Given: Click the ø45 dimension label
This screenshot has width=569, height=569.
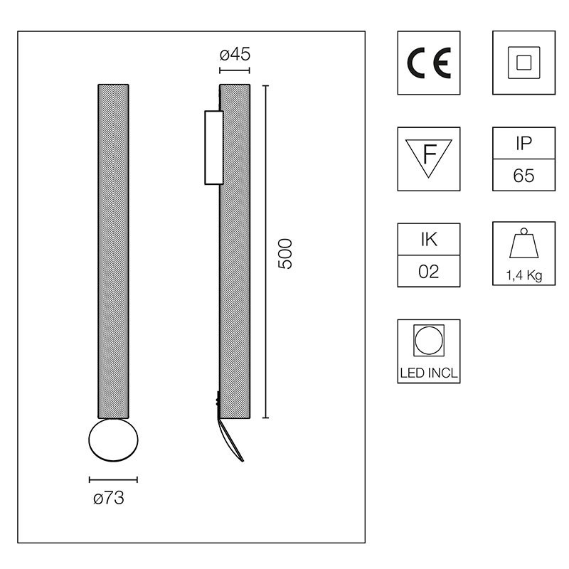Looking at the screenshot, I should click(x=235, y=55).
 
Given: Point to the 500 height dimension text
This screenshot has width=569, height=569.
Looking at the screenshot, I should click(x=284, y=252).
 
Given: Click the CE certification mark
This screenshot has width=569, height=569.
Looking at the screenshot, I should click(x=428, y=63).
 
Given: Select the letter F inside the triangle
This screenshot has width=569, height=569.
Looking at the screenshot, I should click(x=429, y=154).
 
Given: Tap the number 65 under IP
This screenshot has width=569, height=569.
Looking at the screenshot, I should click(x=523, y=176).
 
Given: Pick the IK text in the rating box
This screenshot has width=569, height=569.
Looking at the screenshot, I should click(x=429, y=239).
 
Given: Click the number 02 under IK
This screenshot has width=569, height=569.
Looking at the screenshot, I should click(x=429, y=271).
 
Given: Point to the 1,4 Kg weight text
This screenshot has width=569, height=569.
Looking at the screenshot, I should click(x=524, y=276).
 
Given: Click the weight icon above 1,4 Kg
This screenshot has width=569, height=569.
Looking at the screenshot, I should click(x=524, y=246).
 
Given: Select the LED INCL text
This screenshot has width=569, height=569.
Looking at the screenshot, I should click(x=429, y=371).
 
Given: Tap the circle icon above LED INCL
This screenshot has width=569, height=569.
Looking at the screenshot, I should click(x=429, y=340).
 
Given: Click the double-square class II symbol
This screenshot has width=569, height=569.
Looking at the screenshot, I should click(x=523, y=63).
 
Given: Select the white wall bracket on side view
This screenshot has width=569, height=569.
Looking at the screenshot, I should click(x=213, y=147).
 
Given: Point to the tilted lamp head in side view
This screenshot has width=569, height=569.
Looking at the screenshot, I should click(x=233, y=441).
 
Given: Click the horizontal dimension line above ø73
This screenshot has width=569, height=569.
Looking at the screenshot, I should click(x=113, y=480).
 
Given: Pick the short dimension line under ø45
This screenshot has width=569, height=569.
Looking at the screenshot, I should click(x=235, y=70).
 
